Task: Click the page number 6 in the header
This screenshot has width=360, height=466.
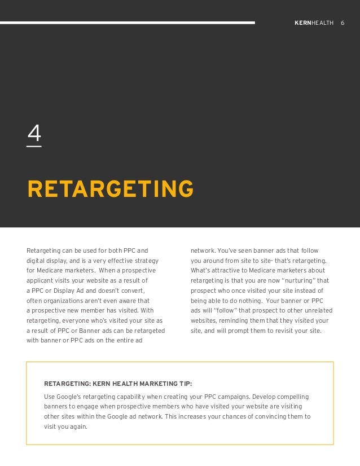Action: pos(343,23)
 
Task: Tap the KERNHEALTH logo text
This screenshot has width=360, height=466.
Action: pos(314,23)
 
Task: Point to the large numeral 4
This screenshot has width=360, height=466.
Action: pos(34,134)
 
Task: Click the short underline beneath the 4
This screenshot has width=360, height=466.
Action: pos(34,147)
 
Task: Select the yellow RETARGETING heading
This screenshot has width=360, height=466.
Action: pos(111,190)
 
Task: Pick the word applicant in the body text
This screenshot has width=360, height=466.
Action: pos(41,280)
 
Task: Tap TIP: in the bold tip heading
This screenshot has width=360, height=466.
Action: pos(183,384)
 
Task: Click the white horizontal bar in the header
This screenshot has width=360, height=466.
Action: pos(127,23)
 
